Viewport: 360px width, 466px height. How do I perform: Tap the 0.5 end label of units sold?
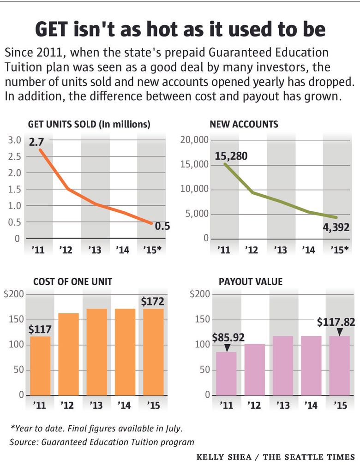[x=162, y=226]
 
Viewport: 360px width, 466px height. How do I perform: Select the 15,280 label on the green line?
[x=231, y=156]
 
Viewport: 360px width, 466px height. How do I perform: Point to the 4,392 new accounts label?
[x=334, y=227]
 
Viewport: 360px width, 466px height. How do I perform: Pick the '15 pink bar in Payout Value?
[x=339, y=365]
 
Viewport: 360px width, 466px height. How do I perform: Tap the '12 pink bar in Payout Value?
[x=255, y=369]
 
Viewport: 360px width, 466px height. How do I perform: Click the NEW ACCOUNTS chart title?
[x=244, y=124]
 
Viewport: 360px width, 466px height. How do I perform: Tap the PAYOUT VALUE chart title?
[x=251, y=281]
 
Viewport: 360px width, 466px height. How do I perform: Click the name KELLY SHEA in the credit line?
[x=223, y=457]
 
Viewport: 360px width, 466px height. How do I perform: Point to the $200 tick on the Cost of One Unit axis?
[x=14, y=295]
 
